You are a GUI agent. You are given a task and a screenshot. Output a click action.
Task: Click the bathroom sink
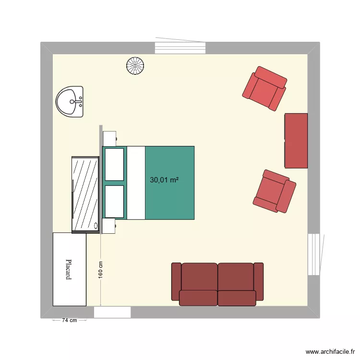pos(70,102)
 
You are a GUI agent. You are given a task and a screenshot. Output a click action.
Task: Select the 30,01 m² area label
pos(164,180)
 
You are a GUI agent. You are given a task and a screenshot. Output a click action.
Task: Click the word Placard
pos(70,270)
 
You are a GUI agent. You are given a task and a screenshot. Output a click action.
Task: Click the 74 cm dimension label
pos(70,321)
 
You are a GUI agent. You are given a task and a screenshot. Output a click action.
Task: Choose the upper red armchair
pos(264,88)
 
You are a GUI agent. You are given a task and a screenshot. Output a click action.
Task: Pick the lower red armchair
pos(275,191)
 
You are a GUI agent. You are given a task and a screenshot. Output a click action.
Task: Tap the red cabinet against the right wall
pos(296,141)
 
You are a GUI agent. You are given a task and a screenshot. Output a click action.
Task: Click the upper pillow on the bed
pos(114,164)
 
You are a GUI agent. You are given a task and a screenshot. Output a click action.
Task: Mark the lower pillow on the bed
pos(114,202)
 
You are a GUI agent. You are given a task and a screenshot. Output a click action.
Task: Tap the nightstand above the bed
pos(109,138)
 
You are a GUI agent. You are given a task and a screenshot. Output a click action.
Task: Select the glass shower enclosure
pos(85,194)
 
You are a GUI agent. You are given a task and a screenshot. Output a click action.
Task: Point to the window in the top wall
pos(180,48)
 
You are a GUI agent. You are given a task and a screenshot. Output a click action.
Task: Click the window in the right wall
pos(313,254)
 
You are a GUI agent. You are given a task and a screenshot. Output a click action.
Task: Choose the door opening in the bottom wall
pos(112,312)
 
